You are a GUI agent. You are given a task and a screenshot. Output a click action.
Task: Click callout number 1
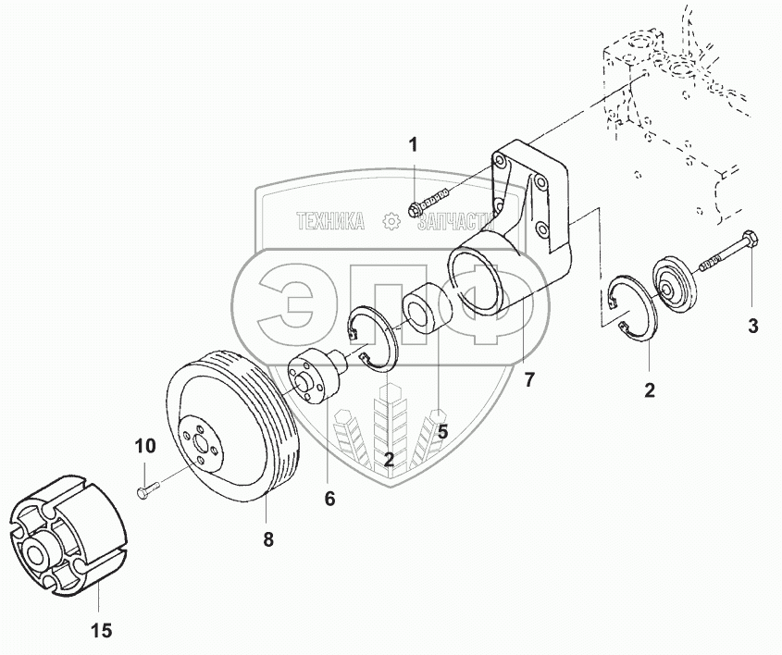(x=414, y=144)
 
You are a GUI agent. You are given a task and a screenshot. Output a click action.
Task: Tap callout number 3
(x=752, y=325)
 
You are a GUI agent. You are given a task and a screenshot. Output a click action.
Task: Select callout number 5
(x=442, y=431)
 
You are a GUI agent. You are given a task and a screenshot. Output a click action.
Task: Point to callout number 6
(x=329, y=499)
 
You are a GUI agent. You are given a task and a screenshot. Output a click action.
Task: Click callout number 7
(x=529, y=379)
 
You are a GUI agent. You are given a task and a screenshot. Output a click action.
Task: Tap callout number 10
(x=145, y=446)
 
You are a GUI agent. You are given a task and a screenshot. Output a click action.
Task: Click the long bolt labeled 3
(x=731, y=254)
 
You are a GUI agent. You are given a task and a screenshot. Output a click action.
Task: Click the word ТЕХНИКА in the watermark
(x=330, y=221)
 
